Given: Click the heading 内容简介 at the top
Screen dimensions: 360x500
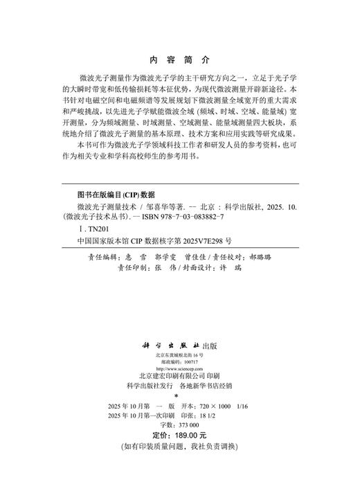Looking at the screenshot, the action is coord(180,60).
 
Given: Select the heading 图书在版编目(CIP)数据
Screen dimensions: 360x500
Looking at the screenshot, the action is coord(116,195).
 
